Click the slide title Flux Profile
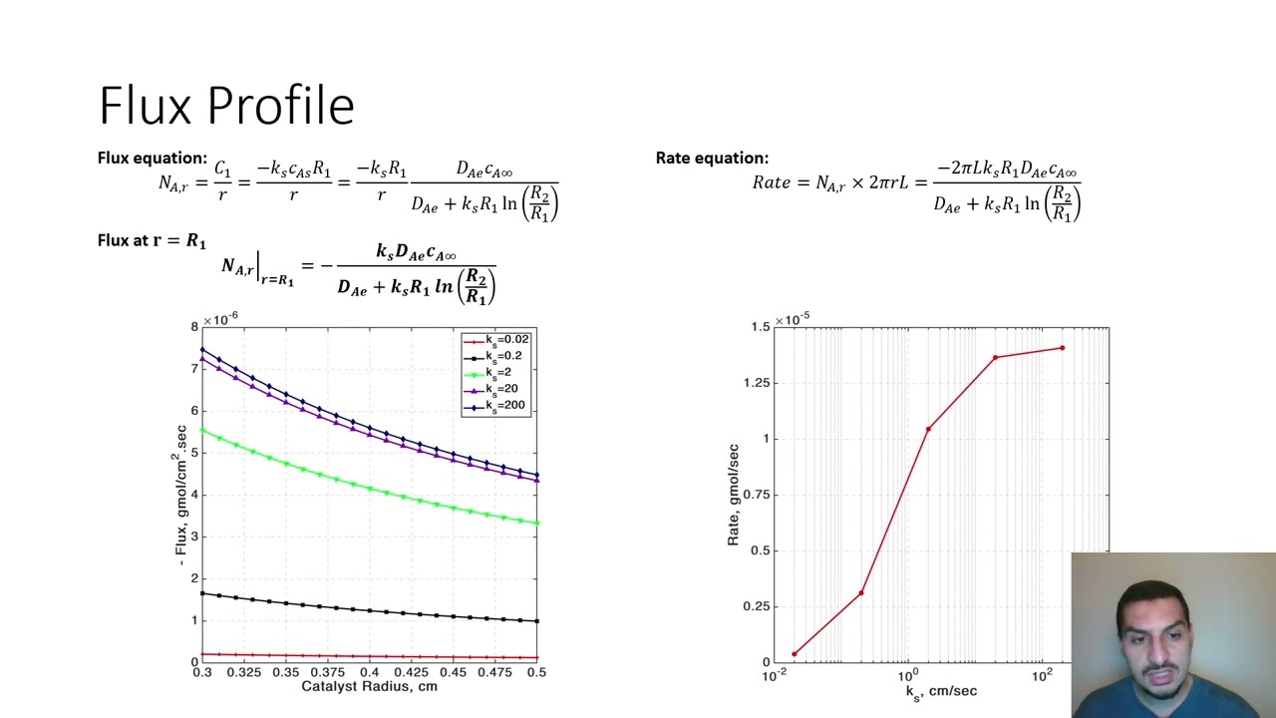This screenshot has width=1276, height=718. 226,106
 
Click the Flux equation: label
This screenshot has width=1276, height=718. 152,158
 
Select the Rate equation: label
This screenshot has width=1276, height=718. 712,158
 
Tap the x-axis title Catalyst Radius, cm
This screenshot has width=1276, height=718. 369,686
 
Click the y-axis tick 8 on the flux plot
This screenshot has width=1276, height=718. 194,327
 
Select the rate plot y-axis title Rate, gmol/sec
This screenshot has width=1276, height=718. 733,495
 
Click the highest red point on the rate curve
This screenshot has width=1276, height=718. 1062,348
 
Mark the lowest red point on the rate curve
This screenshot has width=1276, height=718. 795,654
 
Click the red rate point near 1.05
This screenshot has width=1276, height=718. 929,429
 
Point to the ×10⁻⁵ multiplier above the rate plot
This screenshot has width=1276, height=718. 792,319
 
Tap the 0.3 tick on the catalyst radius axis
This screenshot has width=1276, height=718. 202,673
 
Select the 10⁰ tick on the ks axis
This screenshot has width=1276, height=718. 908,676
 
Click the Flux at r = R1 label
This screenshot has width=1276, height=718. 152,240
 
